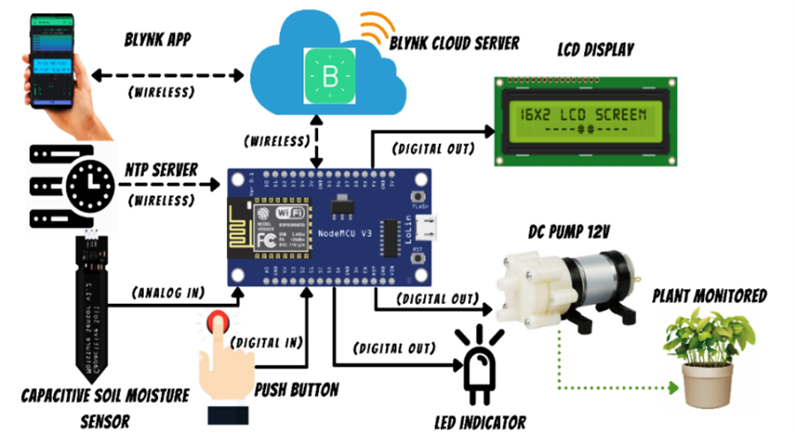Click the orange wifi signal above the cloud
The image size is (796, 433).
click(x=377, y=28)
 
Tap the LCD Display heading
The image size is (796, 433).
click(x=595, y=51)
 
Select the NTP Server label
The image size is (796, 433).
click(x=160, y=168)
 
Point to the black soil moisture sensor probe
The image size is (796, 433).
click(x=92, y=309)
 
